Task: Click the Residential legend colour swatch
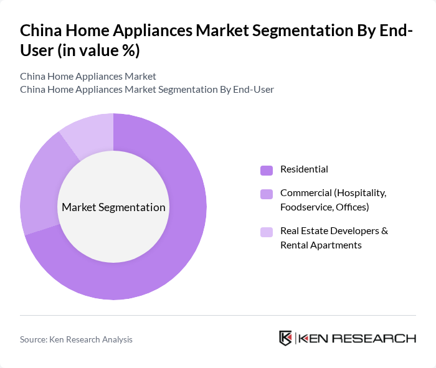267,170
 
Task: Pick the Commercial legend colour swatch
267,194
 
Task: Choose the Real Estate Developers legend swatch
267,232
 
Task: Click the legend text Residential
304,169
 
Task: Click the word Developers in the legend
354,230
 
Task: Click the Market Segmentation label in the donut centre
113,207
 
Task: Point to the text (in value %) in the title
98,51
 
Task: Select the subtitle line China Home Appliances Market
88,77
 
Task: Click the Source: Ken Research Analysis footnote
76,339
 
